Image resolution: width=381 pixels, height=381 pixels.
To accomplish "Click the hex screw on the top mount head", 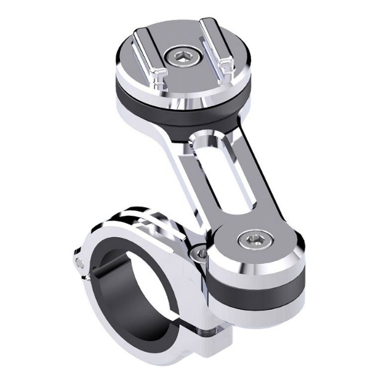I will click(185, 58).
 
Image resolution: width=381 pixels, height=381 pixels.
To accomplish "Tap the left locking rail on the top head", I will click(148, 53).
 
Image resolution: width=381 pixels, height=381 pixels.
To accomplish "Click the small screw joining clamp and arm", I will click(196, 251).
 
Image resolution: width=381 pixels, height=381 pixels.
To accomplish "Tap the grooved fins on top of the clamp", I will click(146, 216).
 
